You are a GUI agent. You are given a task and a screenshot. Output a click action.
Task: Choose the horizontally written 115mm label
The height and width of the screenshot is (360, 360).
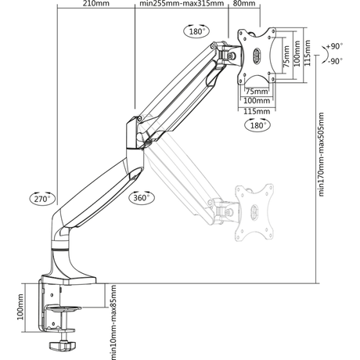(253, 112)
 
